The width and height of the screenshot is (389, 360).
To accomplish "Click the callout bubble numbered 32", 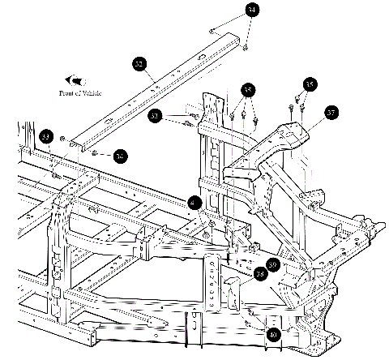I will coord(139,63).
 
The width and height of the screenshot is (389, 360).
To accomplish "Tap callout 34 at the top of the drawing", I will coord(253,10).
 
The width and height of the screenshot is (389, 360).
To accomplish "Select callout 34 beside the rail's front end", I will coord(120,155).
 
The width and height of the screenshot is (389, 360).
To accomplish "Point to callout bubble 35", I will coord(247,90).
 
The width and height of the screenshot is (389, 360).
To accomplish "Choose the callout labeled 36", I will coord(309,84).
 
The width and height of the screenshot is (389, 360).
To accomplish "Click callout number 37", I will coord(330,114).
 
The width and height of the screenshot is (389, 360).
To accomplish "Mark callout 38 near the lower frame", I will coord(260,273).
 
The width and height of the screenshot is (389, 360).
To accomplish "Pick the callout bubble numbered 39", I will coord(272,264).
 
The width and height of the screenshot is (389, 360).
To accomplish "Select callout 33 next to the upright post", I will coord(156,117).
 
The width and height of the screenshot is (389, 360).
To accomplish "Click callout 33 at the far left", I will coord(45,136).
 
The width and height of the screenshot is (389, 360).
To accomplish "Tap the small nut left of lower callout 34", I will coord(96,152).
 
